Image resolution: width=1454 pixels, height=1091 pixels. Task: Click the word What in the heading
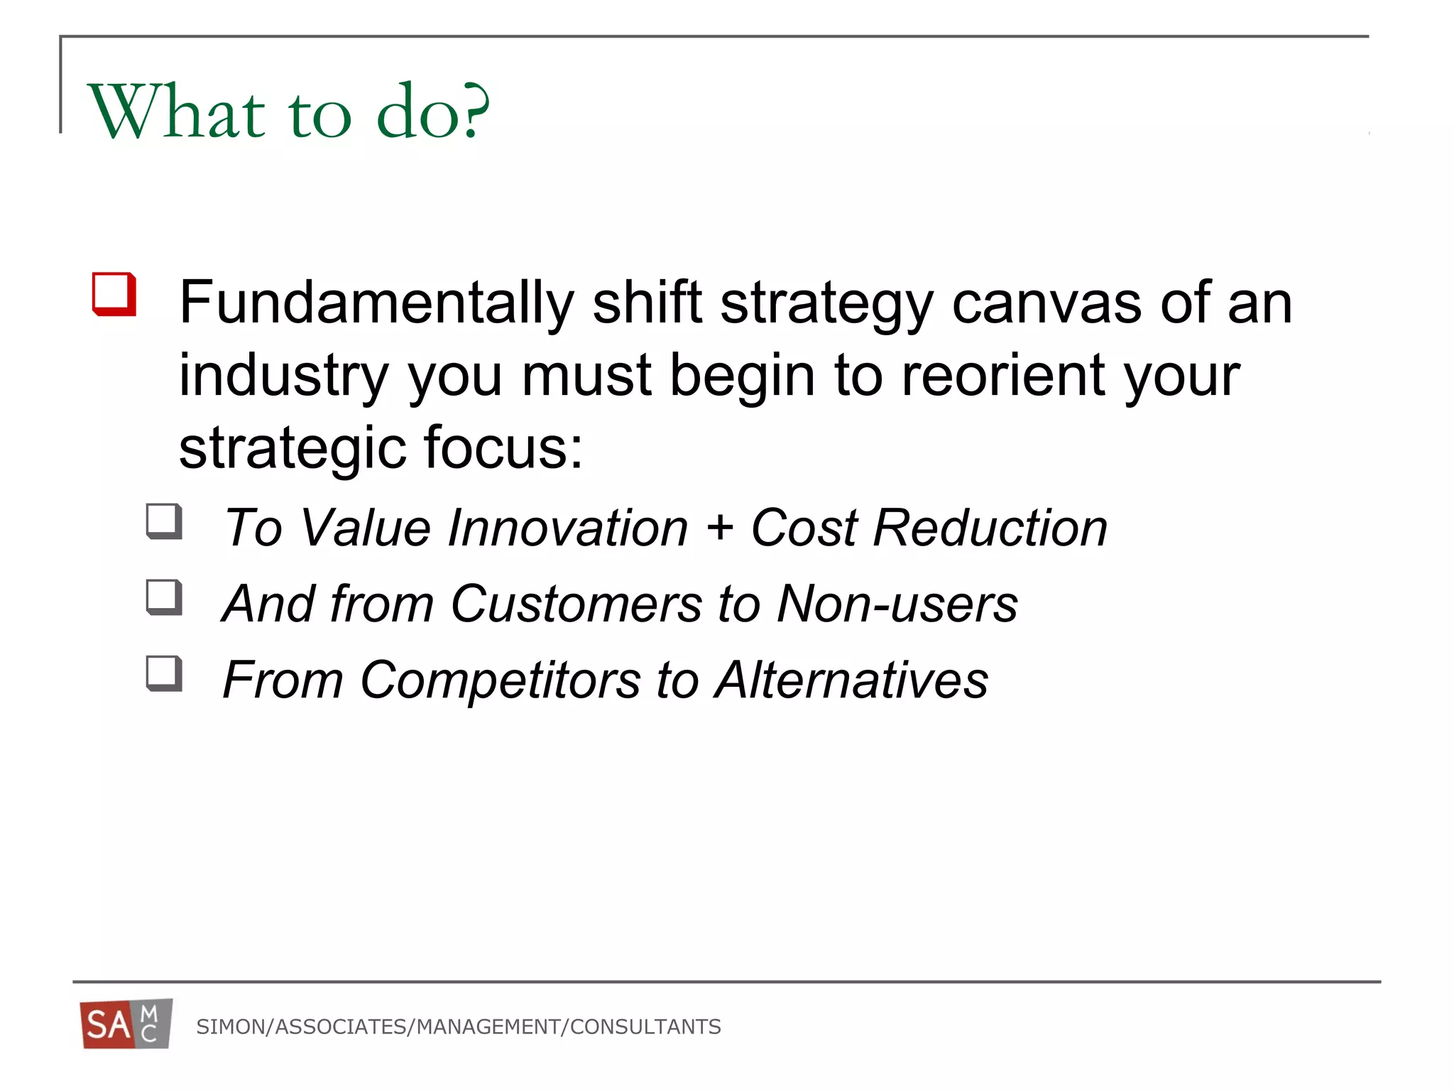coord(176,112)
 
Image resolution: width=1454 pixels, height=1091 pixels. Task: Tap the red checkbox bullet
coord(114,293)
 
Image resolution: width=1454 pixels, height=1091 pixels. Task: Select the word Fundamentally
coord(376,303)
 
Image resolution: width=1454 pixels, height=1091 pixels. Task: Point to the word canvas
coord(1046,303)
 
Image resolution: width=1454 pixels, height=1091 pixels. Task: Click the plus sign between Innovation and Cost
coord(719,528)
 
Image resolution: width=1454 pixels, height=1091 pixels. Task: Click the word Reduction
coord(990,528)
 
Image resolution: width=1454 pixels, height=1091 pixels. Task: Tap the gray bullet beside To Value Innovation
coord(164,521)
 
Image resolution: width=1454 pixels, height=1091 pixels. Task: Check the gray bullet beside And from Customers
coord(164,597)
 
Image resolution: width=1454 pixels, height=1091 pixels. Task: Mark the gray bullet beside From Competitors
coord(164,673)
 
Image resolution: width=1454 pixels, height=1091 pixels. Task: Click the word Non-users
coord(897,604)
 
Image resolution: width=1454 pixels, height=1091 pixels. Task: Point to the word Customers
coord(576,604)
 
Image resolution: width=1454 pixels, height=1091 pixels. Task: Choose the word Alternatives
coord(851,680)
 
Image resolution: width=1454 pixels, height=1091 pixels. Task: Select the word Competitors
coord(501,680)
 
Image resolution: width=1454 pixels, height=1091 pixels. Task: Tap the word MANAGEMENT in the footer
coord(488,1026)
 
